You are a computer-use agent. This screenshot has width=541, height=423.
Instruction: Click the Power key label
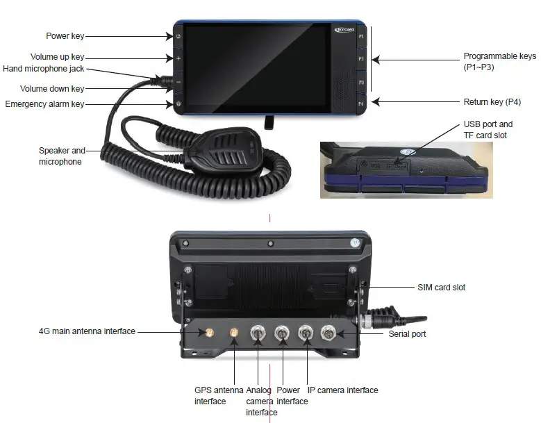tap(65, 36)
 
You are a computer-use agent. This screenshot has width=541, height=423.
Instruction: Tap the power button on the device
tap(178, 36)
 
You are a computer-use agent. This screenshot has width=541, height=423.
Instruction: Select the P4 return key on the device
tap(361, 103)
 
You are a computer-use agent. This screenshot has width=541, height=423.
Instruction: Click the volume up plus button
tap(178, 58)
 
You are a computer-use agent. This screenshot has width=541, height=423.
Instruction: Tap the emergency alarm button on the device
tap(178, 104)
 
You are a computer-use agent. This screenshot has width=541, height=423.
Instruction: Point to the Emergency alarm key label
tap(44, 104)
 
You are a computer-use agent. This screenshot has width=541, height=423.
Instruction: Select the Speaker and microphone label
tap(62, 156)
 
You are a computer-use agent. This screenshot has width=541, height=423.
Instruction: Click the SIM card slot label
tap(441, 287)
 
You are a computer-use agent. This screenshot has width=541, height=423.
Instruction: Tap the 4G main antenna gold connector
tap(207, 333)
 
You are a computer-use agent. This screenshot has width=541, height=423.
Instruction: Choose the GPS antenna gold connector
tap(234, 335)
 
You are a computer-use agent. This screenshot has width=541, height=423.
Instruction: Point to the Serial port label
tap(407, 334)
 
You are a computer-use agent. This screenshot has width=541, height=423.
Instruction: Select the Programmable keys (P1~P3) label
tap(499, 61)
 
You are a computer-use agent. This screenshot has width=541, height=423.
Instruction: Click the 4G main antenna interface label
tap(88, 331)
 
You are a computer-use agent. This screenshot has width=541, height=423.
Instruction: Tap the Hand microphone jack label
tap(44, 69)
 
